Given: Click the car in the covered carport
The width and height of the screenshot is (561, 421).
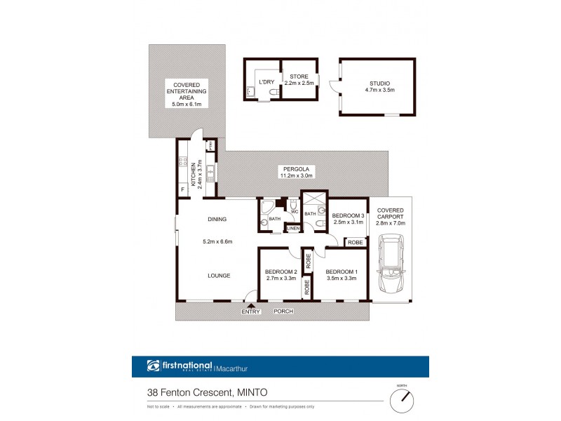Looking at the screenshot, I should click(391, 267).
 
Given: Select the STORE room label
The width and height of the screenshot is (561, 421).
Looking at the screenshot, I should click(299, 76).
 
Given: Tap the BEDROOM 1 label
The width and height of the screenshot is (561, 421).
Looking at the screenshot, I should click(342, 272).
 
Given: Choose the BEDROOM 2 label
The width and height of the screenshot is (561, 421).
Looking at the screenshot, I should click(281, 272).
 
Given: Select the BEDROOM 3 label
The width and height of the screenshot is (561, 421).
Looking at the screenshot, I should click(349, 215).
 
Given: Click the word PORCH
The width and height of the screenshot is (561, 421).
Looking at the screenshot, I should click(283, 311).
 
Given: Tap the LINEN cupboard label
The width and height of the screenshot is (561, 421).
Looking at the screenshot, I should click(293, 229).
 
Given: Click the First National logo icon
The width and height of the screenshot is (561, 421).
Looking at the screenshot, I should click(154, 366).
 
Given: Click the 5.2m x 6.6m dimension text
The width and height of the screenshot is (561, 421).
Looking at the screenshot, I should click(217, 242).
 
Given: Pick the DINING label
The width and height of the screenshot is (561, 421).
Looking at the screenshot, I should click(217, 220).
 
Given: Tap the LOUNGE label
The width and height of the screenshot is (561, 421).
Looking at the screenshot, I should click(218, 276).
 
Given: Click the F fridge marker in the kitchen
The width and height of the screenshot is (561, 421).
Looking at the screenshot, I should click(183, 190).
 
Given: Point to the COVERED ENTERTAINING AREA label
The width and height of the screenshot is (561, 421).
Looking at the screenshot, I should click(187, 94).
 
